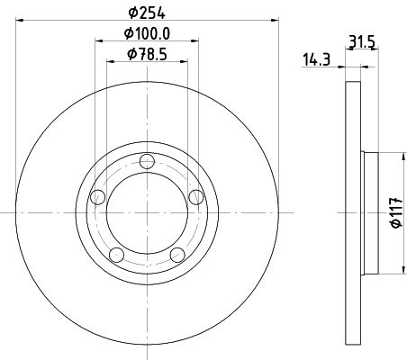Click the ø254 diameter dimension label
click(x=147, y=13)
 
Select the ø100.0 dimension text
click(x=147, y=33)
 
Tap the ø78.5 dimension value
click(x=147, y=54)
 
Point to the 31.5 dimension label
click(x=362, y=41)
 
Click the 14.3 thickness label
click(x=316, y=59)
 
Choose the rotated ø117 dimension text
click(x=396, y=212)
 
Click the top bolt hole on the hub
click(x=147, y=162)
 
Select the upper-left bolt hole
click(x=98, y=197)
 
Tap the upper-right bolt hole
click(x=196, y=197)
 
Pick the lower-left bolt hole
click(x=117, y=255)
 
